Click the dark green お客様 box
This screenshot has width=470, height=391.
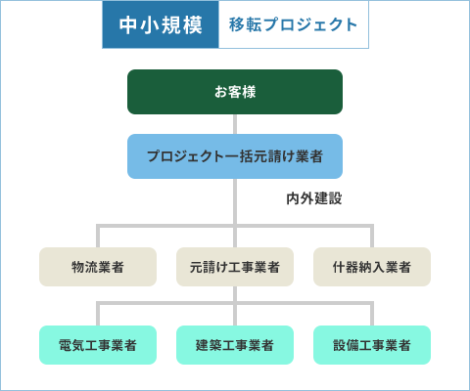point(235,92)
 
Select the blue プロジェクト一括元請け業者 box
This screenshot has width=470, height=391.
point(235,156)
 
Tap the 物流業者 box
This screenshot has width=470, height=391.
point(98,267)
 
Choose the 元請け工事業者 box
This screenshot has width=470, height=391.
point(235,267)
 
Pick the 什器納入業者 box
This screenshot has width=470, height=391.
point(372,267)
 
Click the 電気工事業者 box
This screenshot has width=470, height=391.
point(98,345)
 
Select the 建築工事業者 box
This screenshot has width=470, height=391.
point(235,345)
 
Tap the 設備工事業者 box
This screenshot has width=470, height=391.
point(372,345)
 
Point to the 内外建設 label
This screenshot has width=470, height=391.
point(314,198)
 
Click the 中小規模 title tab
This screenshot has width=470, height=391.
point(161,24)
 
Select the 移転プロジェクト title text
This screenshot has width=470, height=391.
point(293,24)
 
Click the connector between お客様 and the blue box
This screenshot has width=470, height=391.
point(235,124)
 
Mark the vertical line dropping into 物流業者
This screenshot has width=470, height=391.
point(98,236)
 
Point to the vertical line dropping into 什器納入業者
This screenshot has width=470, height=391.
point(372,236)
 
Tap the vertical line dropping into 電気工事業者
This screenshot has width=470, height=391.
point(98,314)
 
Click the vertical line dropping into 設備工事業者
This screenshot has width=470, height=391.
point(372,314)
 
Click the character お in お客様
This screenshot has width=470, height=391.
point(220,92)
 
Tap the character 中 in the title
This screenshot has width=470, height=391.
point(128,25)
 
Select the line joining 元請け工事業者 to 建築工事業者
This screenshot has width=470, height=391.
point(235,306)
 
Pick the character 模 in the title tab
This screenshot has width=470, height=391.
point(193,25)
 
